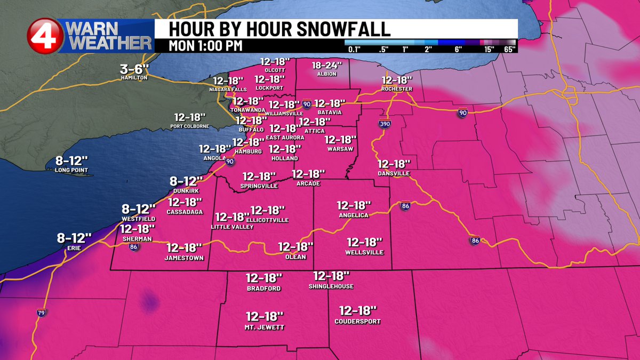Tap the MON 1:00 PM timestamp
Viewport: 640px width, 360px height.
[205, 45]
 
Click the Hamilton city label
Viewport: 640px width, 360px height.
[134, 78]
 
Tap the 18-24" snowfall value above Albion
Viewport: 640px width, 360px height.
[326, 65]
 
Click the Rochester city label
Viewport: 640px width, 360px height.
[397, 89]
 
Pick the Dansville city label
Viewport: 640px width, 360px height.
[394, 173]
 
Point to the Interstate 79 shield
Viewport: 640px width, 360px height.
[41, 313]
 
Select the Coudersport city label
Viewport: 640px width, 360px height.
[358, 321]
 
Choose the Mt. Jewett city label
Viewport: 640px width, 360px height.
[265, 327]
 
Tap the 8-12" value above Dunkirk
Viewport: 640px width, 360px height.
[186, 181]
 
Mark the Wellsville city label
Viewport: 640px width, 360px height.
[364, 252]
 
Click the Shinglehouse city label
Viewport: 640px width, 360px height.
[331, 286]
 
